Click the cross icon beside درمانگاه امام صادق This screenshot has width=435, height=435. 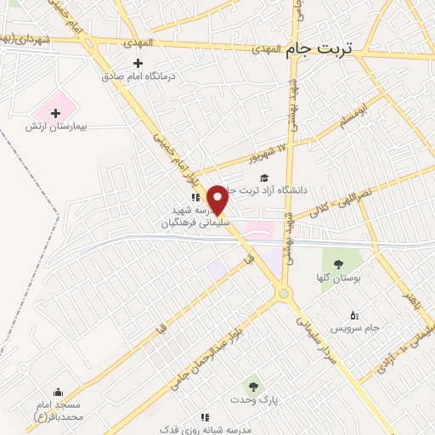(138, 62)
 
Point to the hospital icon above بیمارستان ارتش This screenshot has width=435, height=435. (56, 112)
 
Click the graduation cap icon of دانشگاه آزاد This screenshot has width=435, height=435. (264, 178)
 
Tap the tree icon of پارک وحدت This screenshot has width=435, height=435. (250, 387)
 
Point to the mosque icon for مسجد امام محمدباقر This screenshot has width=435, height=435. (58, 392)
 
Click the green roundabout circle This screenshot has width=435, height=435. (284, 293)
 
